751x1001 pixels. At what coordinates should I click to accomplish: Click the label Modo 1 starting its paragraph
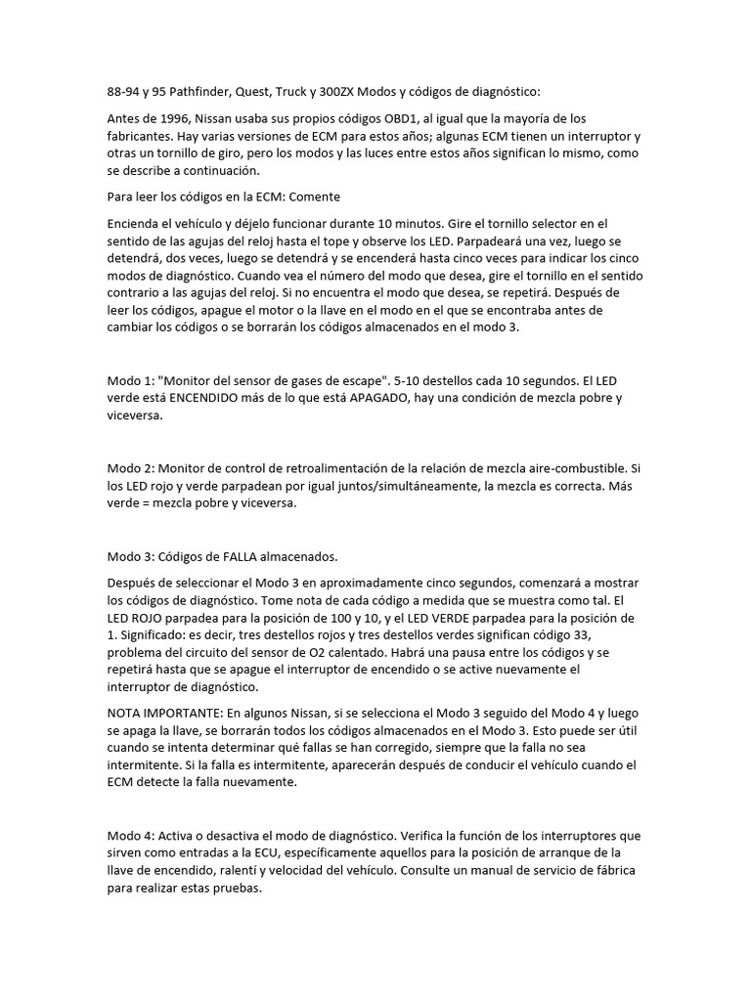coord(127,380)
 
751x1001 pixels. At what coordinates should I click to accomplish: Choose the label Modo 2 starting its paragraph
coord(127,468)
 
